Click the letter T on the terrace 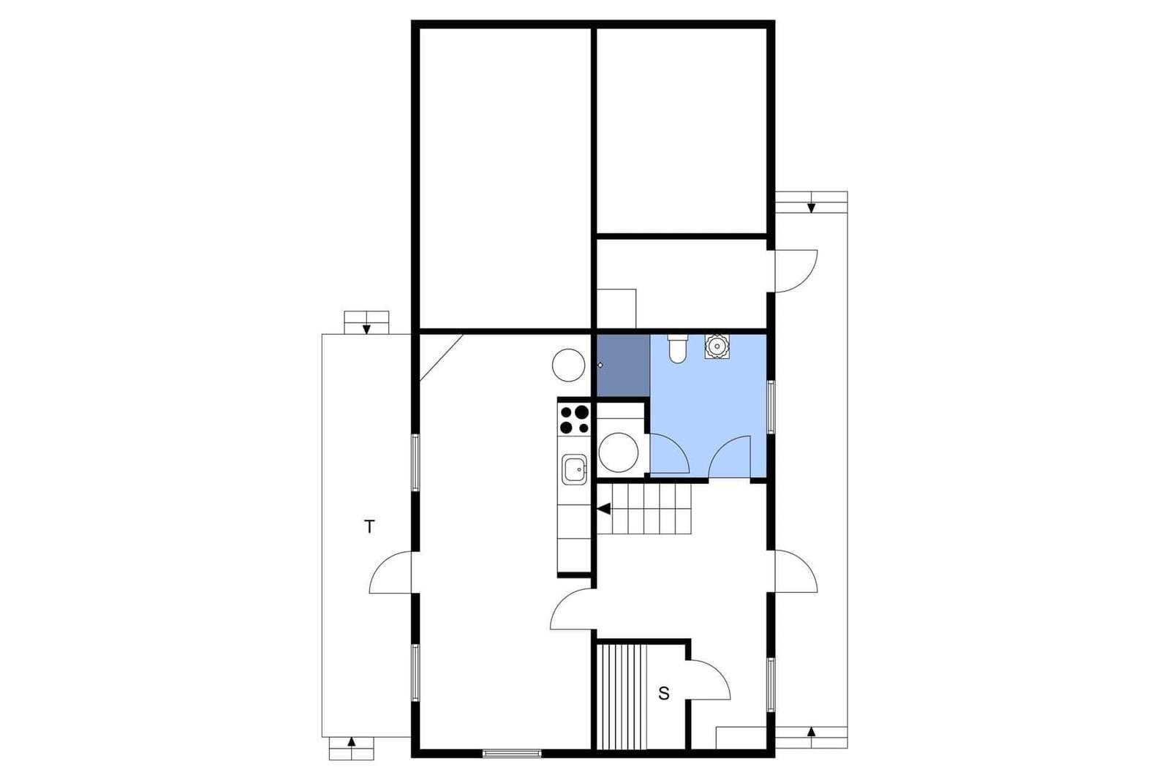click(369, 527)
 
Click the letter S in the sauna click(663, 693)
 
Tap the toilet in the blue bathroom click(677, 349)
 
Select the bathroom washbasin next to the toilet click(717, 347)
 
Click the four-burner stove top click(575, 419)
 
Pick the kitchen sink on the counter click(575, 469)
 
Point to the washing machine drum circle click(619, 453)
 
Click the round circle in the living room click(568, 365)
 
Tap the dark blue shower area click(624, 366)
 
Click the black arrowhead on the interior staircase click(604, 509)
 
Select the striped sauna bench click(622, 697)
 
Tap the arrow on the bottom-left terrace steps click(352, 743)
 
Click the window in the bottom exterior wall click(512, 754)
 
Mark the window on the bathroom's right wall click(771, 407)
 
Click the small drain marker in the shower click(600, 366)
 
